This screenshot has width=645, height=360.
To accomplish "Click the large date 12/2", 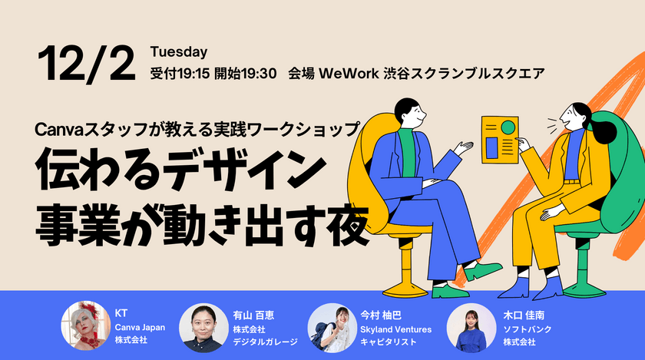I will (x=84, y=64).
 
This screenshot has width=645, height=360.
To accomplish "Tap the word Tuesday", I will (x=179, y=52).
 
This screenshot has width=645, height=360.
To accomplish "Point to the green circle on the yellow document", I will (x=508, y=127).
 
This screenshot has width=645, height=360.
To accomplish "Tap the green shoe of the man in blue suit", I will (x=482, y=271).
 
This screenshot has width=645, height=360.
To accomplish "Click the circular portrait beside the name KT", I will (x=84, y=325).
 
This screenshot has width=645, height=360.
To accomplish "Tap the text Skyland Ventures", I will (x=395, y=329).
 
